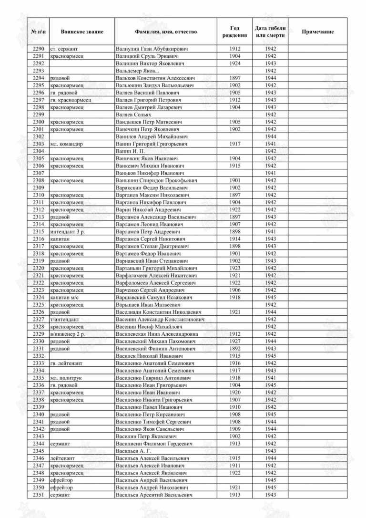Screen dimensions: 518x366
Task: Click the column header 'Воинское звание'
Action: click(x=81, y=31)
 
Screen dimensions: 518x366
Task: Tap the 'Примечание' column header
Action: click(x=317, y=31)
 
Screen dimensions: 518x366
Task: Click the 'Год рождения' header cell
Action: click(x=235, y=31)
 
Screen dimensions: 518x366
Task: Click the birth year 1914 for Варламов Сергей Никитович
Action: click(x=235, y=239)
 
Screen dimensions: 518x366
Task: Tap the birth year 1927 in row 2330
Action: click(x=235, y=341)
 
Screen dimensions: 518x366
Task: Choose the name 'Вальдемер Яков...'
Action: click(x=138, y=71)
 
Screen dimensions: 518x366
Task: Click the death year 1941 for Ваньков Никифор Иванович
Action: click(x=270, y=173)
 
